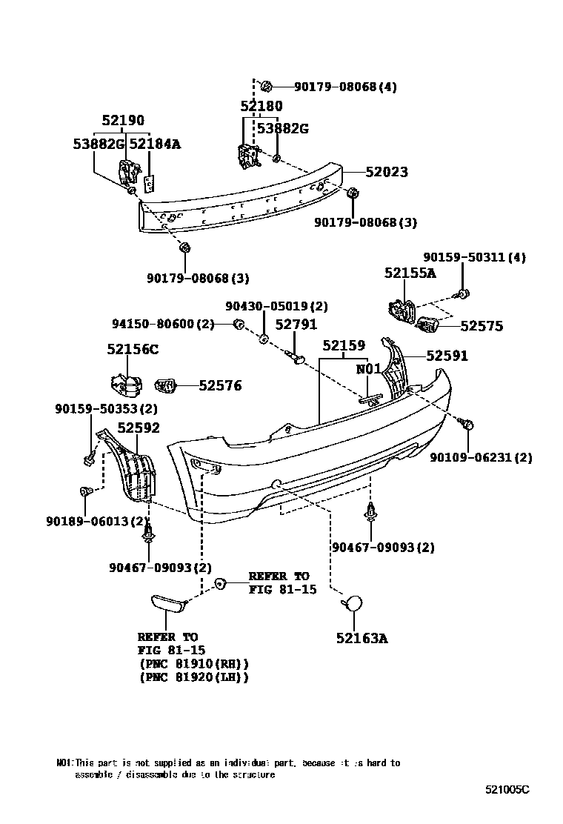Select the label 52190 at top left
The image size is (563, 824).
(x=123, y=121)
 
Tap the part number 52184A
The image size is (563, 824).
(x=155, y=144)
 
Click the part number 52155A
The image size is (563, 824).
(x=410, y=273)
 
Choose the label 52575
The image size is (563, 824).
(x=481, y=325)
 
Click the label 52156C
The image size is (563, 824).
(x=133, y=349)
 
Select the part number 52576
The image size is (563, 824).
(x=220, y=385)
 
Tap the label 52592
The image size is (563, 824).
(x=139, y=428)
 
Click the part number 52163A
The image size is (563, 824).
(x=362, y=637)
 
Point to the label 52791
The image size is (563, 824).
(x=296, y=325)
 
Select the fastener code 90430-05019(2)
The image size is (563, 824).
(x=276, y=306)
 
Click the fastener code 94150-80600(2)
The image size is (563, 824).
(x=164, y=324)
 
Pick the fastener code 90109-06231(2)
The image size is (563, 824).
(x=481, y=457)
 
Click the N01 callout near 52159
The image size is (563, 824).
(x=368, y=368)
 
